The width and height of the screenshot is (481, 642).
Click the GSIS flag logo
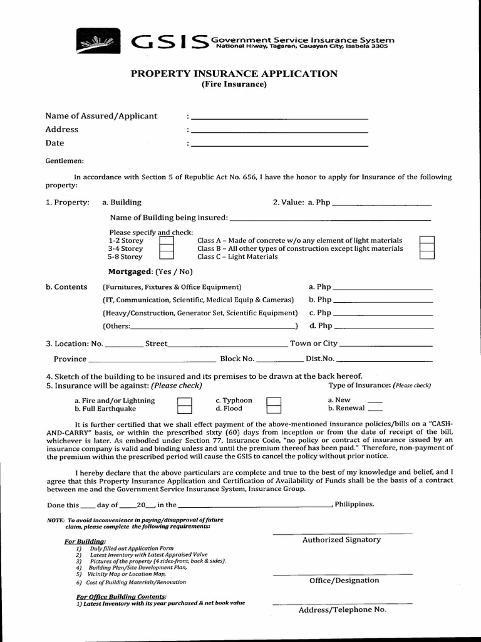pyautogui.click(x=101, y=42)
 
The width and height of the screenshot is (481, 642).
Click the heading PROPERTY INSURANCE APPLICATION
pyautogui.click(x=234, y=74)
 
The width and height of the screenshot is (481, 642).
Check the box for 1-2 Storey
pyautogui.click(x=166, y=241)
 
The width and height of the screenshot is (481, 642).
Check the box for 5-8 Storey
pyautogui.click(x=166, y=256)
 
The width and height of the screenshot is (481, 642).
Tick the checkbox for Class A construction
pyautogui.click(x=427, y=241)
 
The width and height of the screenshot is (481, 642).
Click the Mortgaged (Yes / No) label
pyautogui.click(x=151, y=271)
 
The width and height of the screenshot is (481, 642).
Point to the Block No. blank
pyautogui.click(x=280, y=360)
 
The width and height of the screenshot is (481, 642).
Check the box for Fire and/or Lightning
pyautogui.click(x=184, y=401)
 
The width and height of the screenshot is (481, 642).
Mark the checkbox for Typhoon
pyautogui.click(x=274, y=401)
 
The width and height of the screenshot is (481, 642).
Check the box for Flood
pyautogui.click(x=274, y=409)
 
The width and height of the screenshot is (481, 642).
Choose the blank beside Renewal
pyautogui.click(x=375, y=409)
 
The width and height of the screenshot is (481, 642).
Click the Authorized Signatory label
pyautogui.click(x=341, y=540)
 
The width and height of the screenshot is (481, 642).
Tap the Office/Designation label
pyautogui.click(x=344, y=581)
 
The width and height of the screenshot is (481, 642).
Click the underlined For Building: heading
pyautogui.click(x=85, y=541)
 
